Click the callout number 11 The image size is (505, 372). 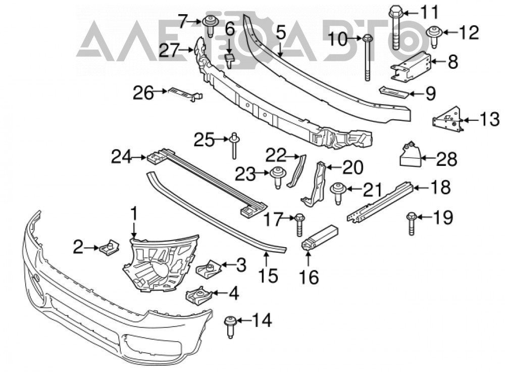coord(430,13)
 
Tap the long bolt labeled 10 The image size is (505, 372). coord(368,58)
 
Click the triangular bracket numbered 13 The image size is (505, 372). coord(447,120)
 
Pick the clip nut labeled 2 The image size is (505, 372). coord(109,247)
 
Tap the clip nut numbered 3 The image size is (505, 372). coord(208,267)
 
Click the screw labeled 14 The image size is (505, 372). coord(230,327)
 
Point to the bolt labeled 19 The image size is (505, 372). coord(411,223)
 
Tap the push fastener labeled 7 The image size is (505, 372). coord(210,25)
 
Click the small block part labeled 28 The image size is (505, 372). coord(410,154)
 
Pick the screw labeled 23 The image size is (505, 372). coord(277,177)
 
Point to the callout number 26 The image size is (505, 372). coord(143,94)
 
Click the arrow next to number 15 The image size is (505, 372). coord(266,259)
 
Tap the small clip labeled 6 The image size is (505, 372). coord(229,60)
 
